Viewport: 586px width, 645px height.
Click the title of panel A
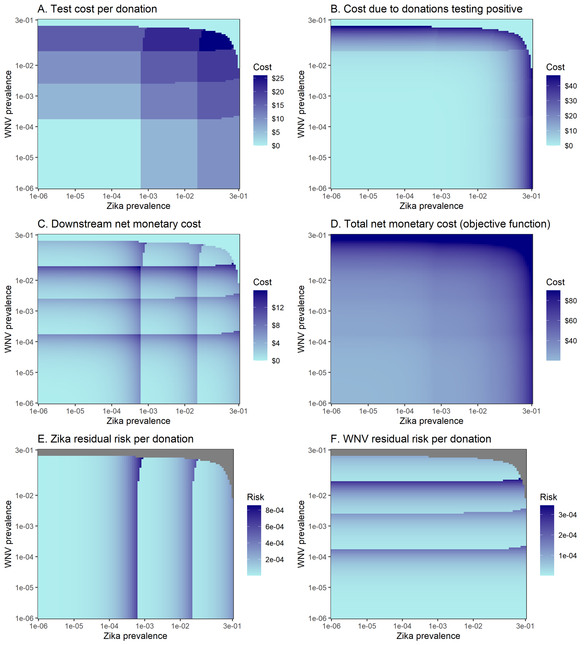tap(97, 9)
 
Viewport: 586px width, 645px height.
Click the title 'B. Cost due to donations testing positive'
tap(426, 9)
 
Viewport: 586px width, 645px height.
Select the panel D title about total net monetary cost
tap(440, 224)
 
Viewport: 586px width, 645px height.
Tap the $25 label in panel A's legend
tap(277, 78)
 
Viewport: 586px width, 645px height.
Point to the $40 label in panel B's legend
tap(570, 86)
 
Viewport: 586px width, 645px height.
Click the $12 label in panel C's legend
tap(277, 308)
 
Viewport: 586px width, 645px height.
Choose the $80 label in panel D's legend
tap(570, 301)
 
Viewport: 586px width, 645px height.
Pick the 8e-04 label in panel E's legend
tap(274, 510)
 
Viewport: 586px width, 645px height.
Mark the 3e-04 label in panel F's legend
tap(567, 515)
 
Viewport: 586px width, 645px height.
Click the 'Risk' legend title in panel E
tap(255, 497)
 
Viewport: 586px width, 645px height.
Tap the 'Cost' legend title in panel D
tap(555, 282)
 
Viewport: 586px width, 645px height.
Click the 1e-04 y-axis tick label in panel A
tap(24, 127)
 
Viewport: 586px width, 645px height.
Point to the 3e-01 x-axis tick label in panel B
tap(531, 196)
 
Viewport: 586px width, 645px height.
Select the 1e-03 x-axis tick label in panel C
tap(148, 411)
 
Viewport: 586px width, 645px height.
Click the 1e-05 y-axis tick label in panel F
tap(317, 588)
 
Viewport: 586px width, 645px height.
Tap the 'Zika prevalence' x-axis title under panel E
tap(135, 636)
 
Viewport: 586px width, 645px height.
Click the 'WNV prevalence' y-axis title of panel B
tap(301, 104)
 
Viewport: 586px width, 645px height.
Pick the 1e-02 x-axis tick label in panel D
tap(477, 411)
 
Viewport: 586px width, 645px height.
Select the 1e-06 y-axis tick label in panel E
tap(24, 619)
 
